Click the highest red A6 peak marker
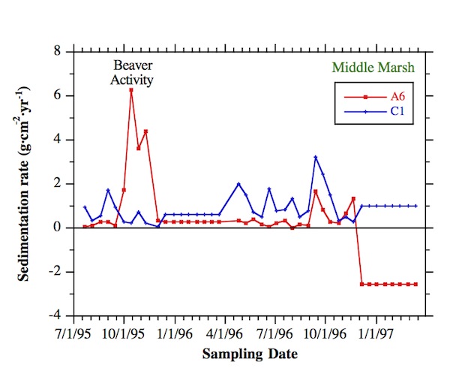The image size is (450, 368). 131,90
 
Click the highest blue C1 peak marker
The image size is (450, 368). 316,157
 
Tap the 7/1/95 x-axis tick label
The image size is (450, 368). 73,331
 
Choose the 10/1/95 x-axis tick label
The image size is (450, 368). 124,331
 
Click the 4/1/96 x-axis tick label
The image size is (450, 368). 225,331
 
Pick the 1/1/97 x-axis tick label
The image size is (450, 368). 376,331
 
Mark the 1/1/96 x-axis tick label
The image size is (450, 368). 174,331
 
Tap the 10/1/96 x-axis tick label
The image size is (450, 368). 326,331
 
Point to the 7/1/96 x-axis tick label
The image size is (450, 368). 275,331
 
